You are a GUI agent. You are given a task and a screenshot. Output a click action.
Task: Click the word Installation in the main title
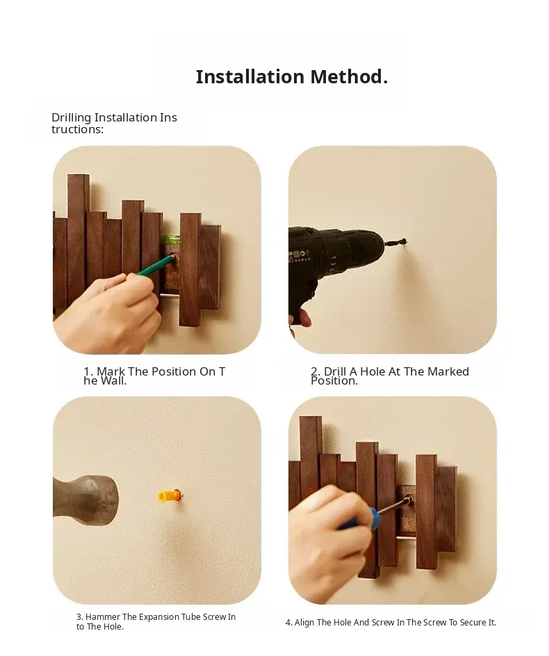click(x=250, y=77)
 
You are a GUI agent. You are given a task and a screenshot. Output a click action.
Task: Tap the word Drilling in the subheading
click(x=71, y=118)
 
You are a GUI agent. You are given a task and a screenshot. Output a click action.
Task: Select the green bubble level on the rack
click(x=171, y=239)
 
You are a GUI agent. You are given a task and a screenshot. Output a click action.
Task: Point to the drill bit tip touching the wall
click(x=405, y=241)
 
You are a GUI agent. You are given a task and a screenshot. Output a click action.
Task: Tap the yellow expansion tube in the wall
click(x=169, y=496)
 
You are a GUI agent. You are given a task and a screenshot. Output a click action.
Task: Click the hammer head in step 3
click(x=85, y=500)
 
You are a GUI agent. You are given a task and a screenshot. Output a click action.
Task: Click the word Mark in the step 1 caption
click(x=111, y=371)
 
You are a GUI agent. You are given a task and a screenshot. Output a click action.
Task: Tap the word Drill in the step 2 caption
click(x=335, y=371)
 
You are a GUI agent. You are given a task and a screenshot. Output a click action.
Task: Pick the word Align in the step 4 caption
click(x=304, y=623)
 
